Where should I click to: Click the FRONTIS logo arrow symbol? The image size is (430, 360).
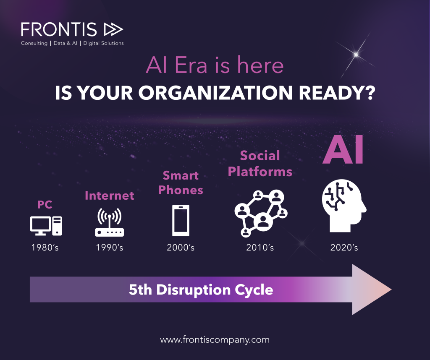pyautogui.click(x=113, y=30)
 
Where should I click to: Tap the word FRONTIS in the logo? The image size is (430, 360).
pyautogui.click(x=59, y=30)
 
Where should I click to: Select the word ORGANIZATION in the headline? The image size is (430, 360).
pyautogui.click(x=215, y=93)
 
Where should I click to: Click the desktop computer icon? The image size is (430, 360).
pyautogui.click(x=46, y=226)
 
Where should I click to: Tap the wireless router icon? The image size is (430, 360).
pyautogui.click(x=110, y=222)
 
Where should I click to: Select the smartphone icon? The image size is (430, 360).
pyautogui.click(x=181, y=221)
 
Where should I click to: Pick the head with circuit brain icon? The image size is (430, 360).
pyautogui.click(x=344, y=206)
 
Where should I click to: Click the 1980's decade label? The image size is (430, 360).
pyautogui.click(x=45, y=248)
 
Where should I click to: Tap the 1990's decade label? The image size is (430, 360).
pyautogui.click(x=110, y=248)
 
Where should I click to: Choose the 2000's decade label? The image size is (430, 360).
pyautogui.click(x=181, y=248)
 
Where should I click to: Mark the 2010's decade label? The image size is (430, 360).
pyautogui.click(x=260, y=248)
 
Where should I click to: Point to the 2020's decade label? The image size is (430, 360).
pyautogui.click(x=344, y=248)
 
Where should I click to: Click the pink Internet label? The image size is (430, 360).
pyautogui.click(x=110, y=196)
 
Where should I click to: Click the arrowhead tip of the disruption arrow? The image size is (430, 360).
pyautogui.click(x=391, y=290)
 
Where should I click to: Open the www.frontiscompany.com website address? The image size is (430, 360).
pyautogui.click(x=215, y=340)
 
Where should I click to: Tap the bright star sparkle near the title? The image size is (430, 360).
pyautogui.click(x=356, y=55)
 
